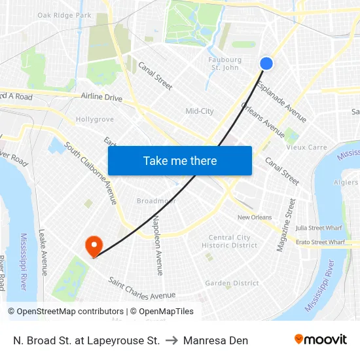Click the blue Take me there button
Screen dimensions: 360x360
180,160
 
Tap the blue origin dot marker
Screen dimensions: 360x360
266,63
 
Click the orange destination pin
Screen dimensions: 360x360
94,245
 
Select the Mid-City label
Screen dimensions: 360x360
200,111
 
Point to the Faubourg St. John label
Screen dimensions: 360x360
225,63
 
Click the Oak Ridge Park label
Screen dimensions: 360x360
64,15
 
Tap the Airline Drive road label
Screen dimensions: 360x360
101,98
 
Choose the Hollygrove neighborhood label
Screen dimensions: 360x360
95,120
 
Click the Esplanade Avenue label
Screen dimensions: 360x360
281,101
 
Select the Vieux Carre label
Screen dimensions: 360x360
307,147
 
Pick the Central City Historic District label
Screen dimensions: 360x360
230,242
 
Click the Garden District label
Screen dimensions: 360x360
232,283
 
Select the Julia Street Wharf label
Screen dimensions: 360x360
319,228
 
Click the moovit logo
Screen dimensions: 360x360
321,340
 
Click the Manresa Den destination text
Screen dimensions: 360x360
215,340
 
